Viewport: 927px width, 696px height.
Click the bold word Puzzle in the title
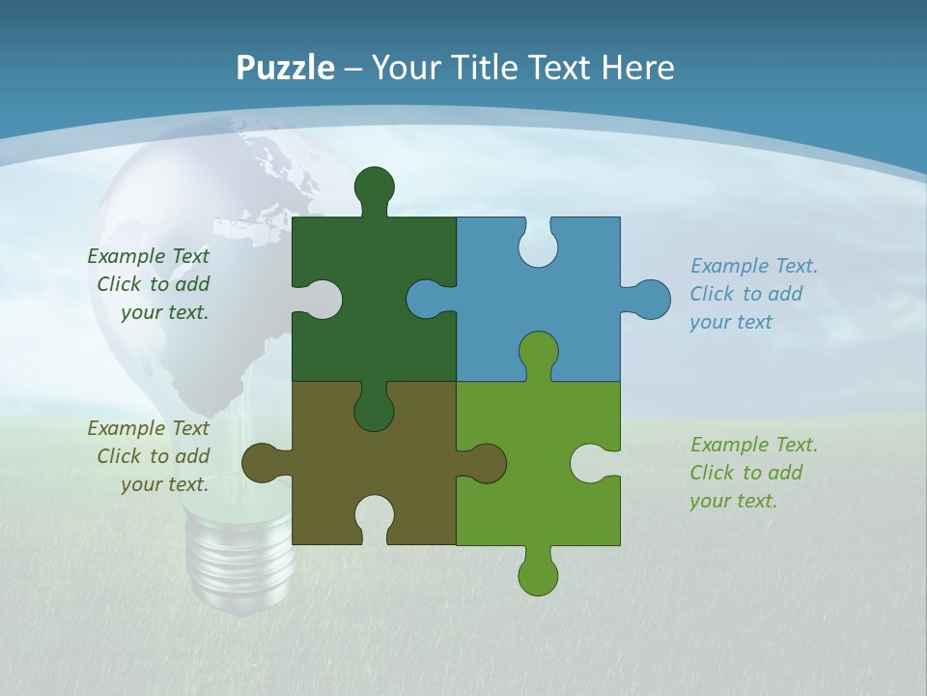tap(285, 69)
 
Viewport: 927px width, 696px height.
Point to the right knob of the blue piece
tap(650, 300)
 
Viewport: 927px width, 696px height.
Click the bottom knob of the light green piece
tap(538, 574)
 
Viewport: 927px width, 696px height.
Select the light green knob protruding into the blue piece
tap(538, 353)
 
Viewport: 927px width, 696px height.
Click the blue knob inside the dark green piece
tap(427, 299)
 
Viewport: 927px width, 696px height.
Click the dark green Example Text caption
tap(151, 284)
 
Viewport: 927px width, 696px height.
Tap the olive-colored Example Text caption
tap(151, 456)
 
